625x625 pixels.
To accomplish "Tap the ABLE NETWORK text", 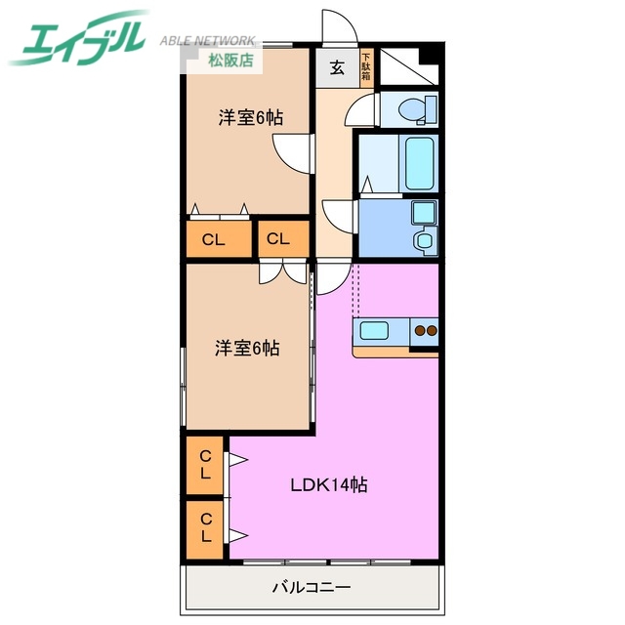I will (x=207, y=42).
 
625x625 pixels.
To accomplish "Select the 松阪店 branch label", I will (x=230, y=61).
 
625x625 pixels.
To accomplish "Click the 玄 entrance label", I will (x=336, y=68).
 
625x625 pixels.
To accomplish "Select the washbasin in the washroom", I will (x=424, y=240).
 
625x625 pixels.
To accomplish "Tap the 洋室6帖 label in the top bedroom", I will (x=250, y=118).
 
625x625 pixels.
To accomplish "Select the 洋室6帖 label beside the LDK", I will (x=247, y=348).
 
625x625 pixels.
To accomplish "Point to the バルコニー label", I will (x=310, y=588).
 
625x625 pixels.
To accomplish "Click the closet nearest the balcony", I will (x=206, y=527).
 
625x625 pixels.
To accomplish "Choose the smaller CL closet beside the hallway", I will (x=278, y=238).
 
